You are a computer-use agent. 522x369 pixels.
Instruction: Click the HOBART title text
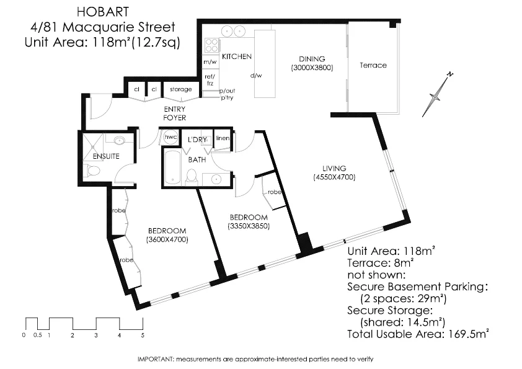tap(99, 11)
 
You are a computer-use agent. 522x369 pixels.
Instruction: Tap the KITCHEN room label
tap(237, 56)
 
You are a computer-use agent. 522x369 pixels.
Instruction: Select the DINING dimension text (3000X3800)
tap(312, 68)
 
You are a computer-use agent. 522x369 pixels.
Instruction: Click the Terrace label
tap(373, 65)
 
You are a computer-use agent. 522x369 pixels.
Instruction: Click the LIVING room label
tap(334, 168)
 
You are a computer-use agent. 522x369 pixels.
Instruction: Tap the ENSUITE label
tap(105, 156)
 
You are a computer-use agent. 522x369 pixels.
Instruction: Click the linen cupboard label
tap(222, 138)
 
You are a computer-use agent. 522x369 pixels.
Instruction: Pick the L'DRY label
tap(197, 140)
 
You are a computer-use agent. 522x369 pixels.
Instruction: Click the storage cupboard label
tap(181, 90)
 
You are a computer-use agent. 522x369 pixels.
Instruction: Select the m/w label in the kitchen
tap(210, 63)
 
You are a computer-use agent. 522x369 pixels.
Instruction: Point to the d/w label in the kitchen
tap(255, 76)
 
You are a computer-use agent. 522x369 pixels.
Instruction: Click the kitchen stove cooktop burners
tap(211, 45)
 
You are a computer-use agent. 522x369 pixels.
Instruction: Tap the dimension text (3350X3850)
tap(249, 226)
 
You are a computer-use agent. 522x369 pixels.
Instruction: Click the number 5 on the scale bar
tap(143, 335)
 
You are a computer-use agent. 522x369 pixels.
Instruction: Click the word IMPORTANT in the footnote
tap(155, 359)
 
